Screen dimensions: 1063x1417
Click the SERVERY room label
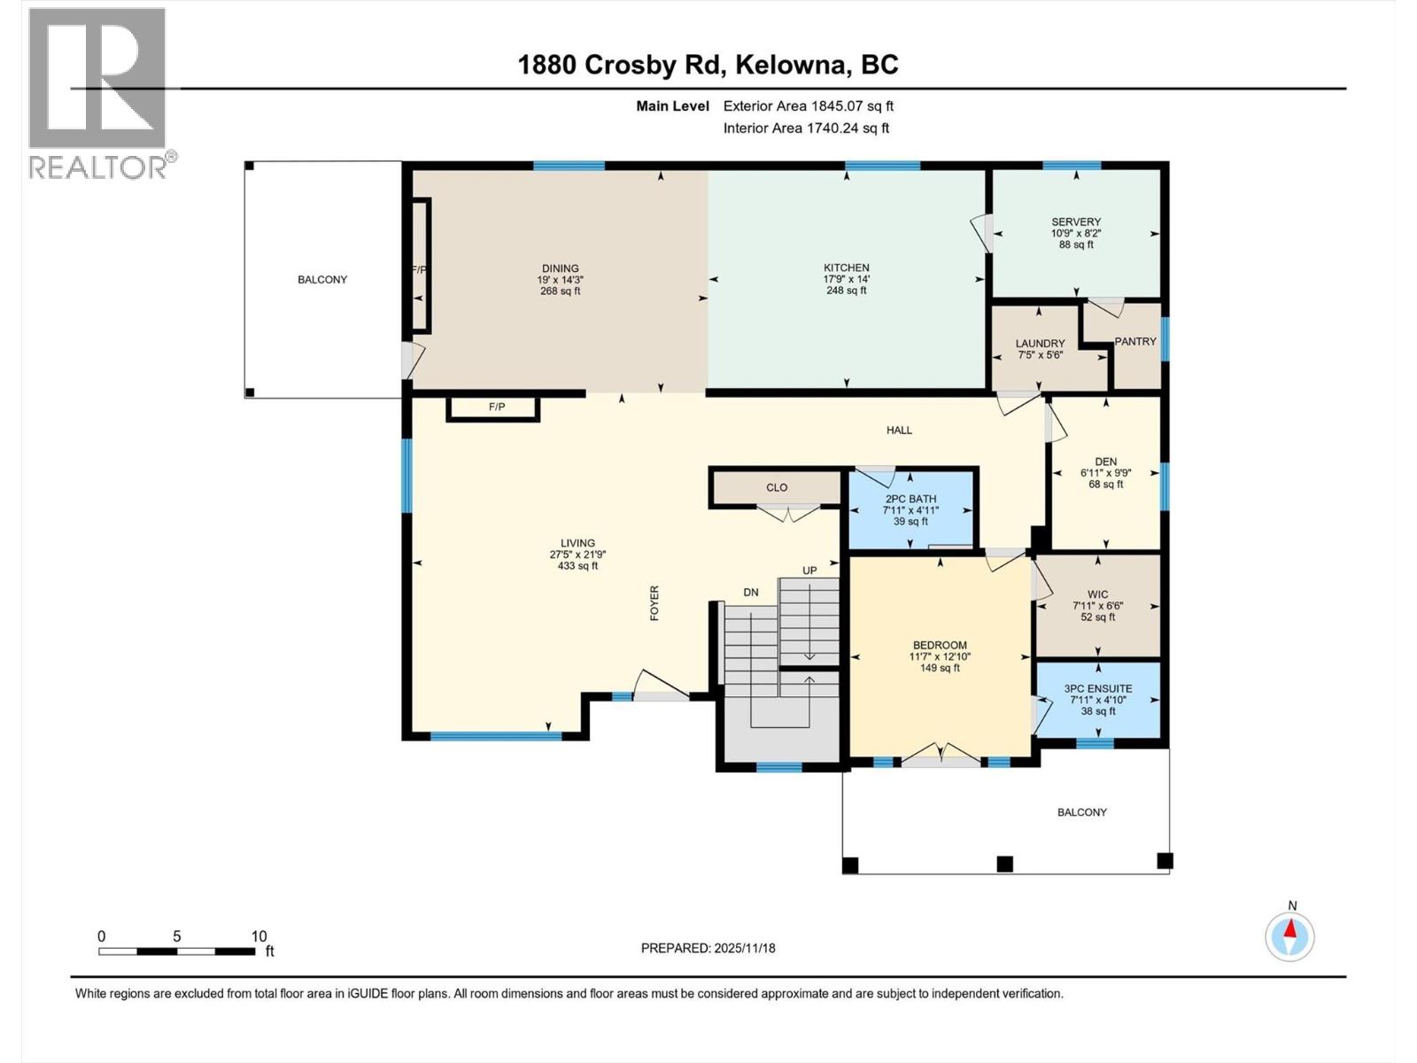(x=1076, y=222)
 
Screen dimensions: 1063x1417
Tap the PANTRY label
(x=1134, y=341)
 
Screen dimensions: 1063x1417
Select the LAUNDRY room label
(x=1040, y=344)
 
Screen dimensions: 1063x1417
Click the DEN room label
(x=1105, y=462)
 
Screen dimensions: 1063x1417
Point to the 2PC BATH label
(x=910, y=499)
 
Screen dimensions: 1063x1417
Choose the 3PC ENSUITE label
(x=1098, y=688)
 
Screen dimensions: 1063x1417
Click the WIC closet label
(x=1098, y=594)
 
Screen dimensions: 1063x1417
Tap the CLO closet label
(x=776, y=487)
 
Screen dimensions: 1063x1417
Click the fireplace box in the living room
(x=494, y=408)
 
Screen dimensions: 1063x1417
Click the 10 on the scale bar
(x=259, y=936)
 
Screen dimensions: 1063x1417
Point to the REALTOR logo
(x=97, y=93)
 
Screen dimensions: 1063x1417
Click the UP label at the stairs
(x=809, y=570)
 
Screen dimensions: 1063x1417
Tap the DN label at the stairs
(x=750, y=592)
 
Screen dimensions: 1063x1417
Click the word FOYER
(x=654, y=602)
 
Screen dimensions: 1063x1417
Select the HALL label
(x=899, y=430)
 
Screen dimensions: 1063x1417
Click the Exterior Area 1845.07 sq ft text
(x=808, y=106)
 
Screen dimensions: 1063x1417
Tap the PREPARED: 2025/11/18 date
(x=708, y=948)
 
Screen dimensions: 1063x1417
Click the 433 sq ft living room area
(x=577, y=566)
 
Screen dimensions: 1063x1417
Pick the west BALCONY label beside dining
(x=322, y=279)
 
